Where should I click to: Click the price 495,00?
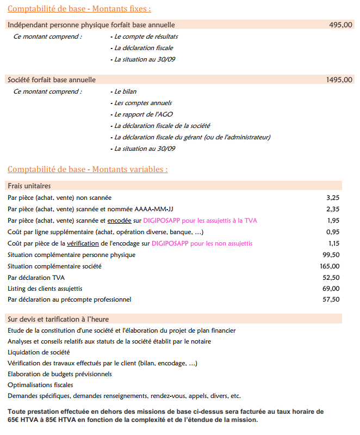[340, 25]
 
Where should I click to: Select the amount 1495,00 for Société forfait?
[339, 80]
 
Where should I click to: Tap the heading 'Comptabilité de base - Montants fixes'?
[79, 9]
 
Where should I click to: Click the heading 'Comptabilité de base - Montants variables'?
[88, 169]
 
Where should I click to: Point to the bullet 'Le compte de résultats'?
[146, 36]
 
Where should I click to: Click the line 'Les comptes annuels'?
[142, 103]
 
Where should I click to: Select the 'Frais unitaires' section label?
[29, 186]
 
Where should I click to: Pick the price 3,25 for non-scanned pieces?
[333, 198]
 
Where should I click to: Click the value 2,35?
[333, 209]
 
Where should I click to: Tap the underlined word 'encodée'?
[119, 220]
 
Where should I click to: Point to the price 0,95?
[333, 232]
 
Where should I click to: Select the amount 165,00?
[330, 266]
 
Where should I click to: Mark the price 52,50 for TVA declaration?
[331, 278]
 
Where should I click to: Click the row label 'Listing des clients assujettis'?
[45, 289]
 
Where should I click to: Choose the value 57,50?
[331, 299]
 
